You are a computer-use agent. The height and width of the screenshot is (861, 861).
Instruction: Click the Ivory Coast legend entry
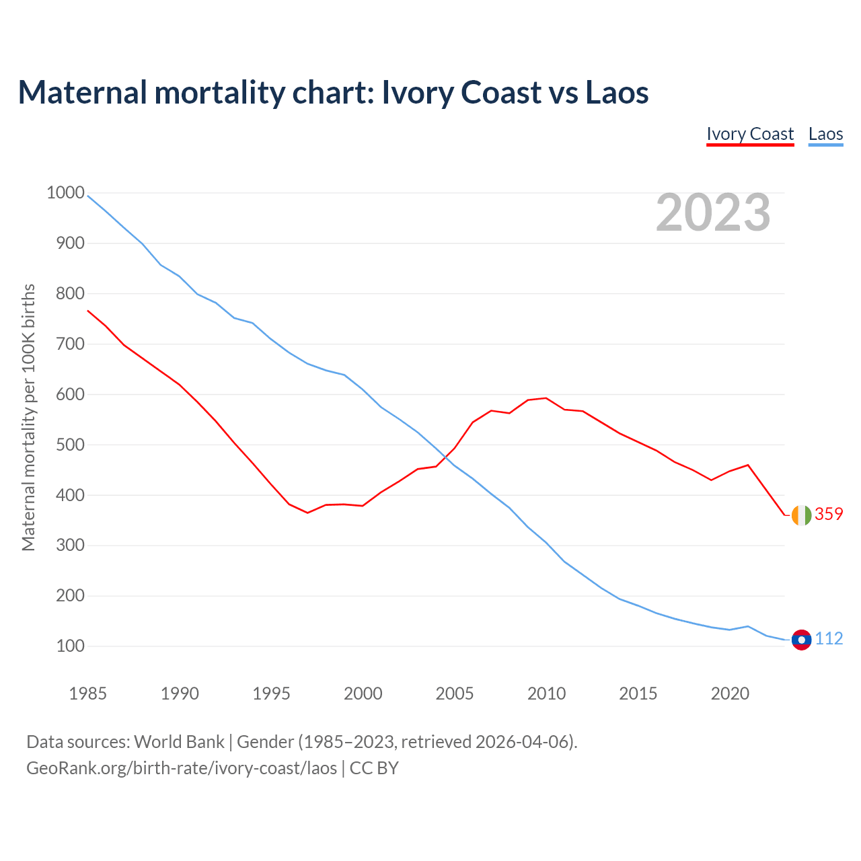750,134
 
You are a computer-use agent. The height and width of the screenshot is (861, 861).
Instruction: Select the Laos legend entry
825,134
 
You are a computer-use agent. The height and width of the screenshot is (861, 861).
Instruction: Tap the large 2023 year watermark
713,213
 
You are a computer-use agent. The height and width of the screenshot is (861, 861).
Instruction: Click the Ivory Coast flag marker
801,515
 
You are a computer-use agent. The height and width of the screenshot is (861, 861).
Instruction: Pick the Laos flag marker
801,639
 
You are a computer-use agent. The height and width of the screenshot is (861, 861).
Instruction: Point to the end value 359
829,514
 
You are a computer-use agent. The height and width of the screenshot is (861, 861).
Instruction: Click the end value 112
829,638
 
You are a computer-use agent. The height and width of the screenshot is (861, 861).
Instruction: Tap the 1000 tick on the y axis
65,193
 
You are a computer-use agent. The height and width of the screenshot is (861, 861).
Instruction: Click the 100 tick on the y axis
71,646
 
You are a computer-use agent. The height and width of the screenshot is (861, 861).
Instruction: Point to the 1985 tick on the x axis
87,694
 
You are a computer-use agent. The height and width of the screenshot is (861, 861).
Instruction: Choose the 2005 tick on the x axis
455,694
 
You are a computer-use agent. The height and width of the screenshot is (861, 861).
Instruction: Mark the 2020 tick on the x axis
730,694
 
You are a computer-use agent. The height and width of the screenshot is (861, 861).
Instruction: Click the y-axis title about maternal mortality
28,417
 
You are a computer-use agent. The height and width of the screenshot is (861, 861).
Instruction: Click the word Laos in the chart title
617,92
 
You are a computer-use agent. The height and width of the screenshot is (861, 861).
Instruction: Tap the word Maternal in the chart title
82,92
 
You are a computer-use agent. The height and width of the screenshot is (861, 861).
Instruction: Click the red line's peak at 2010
546,398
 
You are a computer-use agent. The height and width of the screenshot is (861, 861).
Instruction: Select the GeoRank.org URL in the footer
182,768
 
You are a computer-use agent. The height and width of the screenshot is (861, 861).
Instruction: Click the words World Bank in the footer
179,742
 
